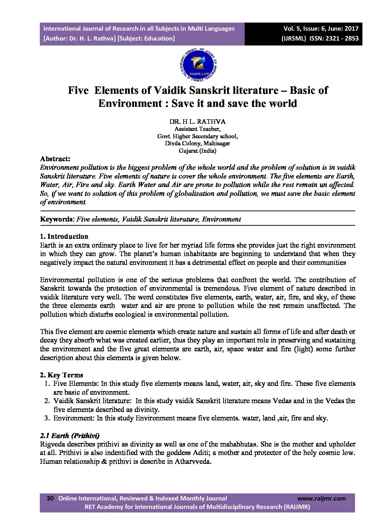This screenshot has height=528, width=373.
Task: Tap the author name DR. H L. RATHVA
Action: click(197, 122)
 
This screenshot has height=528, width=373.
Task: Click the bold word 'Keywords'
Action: click(56, 219)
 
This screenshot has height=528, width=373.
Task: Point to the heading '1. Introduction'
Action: click(64, 236)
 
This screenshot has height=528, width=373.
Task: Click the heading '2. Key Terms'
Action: click(62, 375)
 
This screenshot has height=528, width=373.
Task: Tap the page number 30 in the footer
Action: click(50, 498)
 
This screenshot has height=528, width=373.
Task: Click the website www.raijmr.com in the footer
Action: click(322, 498)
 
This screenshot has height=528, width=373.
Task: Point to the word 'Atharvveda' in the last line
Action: click(192, 461)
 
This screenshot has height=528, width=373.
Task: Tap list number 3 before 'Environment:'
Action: click(47, 418)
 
